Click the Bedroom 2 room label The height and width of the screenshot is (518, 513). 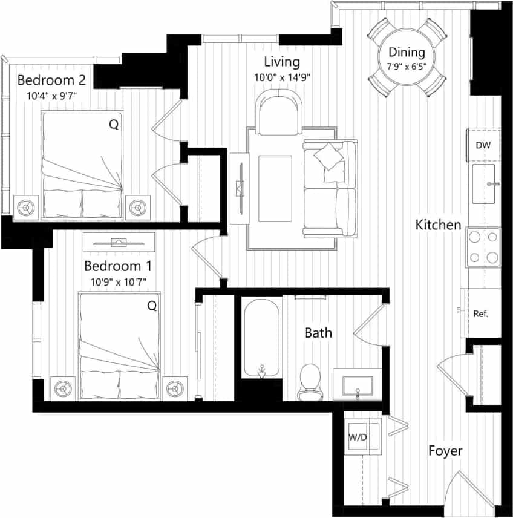point(51,80)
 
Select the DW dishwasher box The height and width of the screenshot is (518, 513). point(483,145)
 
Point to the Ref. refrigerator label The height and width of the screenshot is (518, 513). point(481,314)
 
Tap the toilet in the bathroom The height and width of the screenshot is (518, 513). point(311,381)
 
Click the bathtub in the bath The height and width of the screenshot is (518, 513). point(261,339)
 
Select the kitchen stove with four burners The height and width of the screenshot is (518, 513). point(483,247)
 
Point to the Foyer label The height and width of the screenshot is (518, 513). point(445,451)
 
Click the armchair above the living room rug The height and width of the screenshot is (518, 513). point(278,113)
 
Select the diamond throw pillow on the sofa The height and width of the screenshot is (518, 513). point(328,156)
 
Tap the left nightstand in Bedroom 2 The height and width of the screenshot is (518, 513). point(25,207)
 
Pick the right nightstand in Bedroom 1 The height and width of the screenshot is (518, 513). point(175,387)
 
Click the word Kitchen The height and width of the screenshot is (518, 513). point(438,225)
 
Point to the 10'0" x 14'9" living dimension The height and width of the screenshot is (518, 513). point(282,77)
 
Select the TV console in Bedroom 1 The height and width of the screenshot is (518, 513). point(119,241)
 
